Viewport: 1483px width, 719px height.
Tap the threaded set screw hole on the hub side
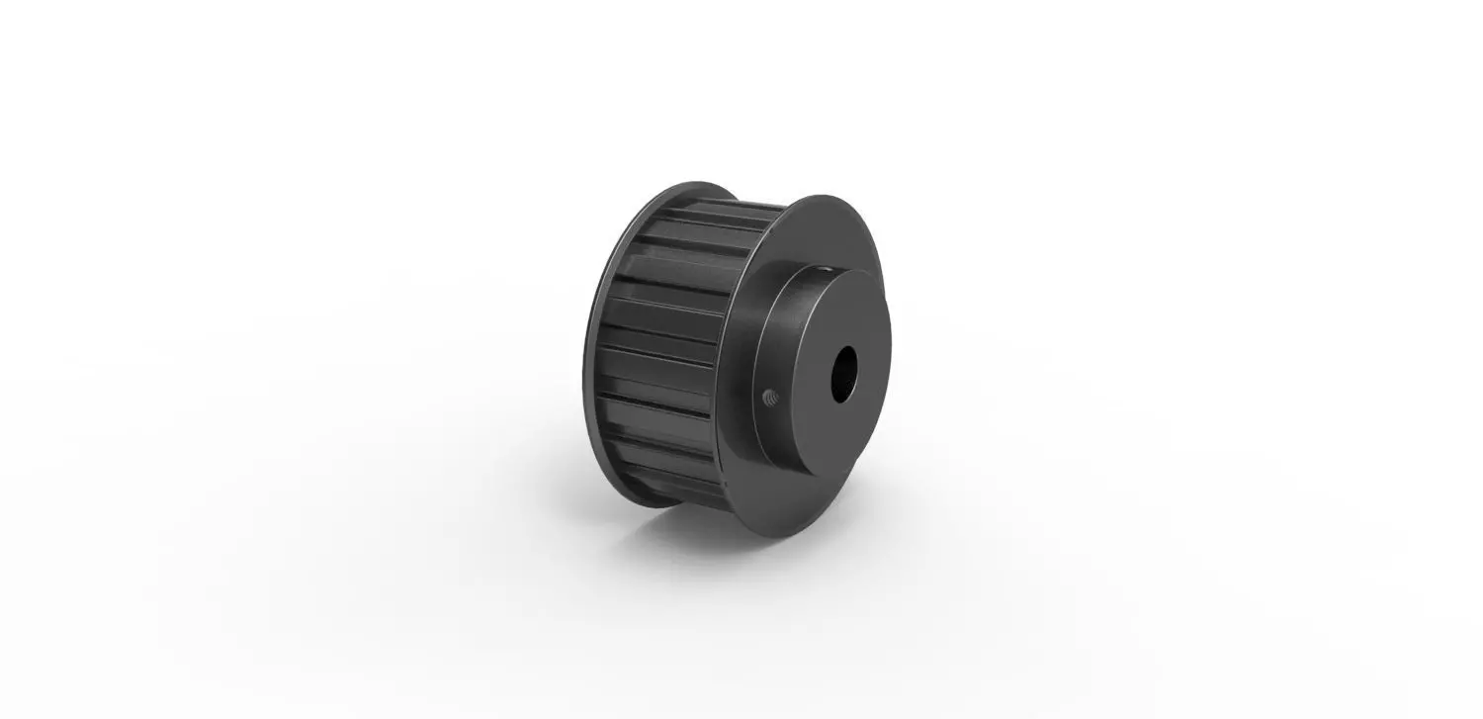click(771, 398)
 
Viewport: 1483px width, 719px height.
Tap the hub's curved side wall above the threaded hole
click(773, 336)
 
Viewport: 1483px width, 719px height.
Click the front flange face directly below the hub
click(781, 494)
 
